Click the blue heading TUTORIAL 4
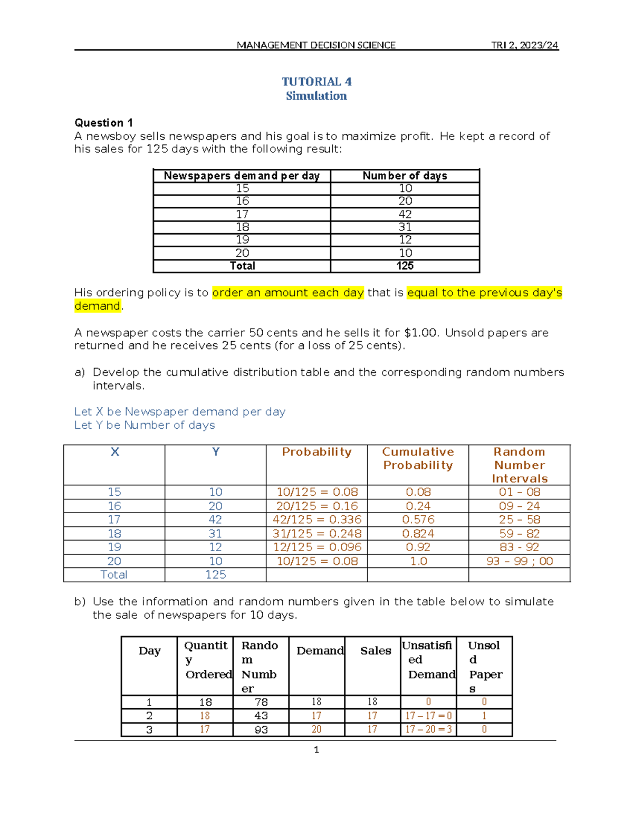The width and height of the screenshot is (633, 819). coord(316,82)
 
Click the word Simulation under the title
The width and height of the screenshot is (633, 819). coord(316,96)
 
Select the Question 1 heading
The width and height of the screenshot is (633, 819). coord(103,123)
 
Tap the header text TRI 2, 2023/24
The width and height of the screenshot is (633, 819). coord(524,45)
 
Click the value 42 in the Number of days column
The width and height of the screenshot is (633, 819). coord(405,214)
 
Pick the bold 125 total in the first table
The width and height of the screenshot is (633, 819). coord(405,266)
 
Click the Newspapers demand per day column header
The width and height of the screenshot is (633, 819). coord(242,176)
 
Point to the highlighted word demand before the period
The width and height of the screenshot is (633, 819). coord(98,306)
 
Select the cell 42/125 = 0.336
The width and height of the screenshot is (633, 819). coord(317,519)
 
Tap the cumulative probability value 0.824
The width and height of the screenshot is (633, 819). coord(418,534)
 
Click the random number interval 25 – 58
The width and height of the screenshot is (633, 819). coord(520,519)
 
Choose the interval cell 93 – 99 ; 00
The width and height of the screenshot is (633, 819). coord(520,561)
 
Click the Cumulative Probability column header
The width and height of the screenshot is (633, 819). coord(418,458)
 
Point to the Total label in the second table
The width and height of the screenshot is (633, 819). coord(114,575)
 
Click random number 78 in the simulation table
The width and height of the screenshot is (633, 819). coord(261,702)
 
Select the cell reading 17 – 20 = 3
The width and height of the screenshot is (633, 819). coord(428,730)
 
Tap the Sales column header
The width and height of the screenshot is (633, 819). coord(376,651)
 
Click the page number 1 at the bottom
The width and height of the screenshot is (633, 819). coord(316,750)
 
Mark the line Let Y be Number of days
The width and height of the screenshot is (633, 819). coord(145,425)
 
